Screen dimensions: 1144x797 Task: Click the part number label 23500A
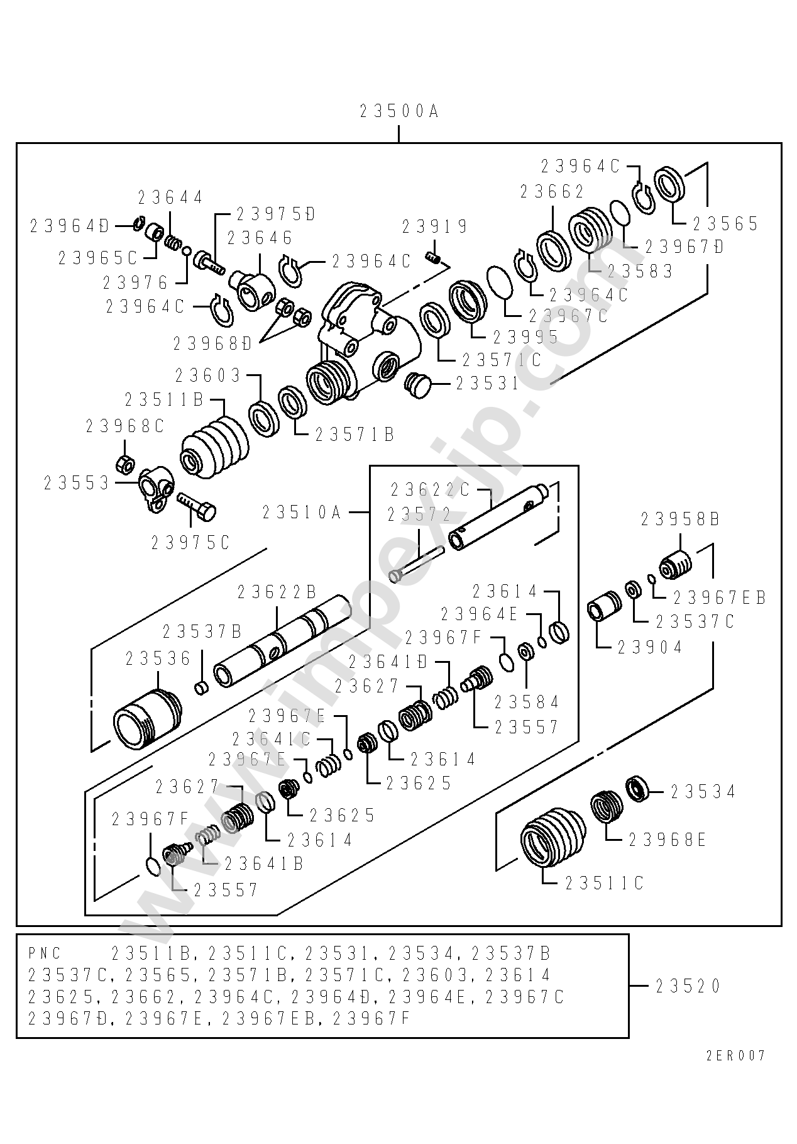point(398,112)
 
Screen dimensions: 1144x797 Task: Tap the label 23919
point(435,226)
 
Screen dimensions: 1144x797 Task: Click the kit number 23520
point(688,986)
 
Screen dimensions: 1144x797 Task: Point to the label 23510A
point(302,513)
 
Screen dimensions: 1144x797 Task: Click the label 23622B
point(277,592)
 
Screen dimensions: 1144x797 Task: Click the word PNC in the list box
point(45,953)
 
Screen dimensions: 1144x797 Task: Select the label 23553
point(77,483)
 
